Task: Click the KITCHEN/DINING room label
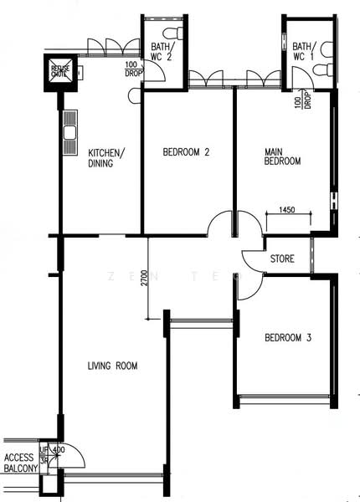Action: coord(106,158)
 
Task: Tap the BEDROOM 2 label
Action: coord(185,152)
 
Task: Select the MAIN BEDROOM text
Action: coord(282,156)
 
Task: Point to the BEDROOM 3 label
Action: coord(288,338)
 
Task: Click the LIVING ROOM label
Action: coord(112,366)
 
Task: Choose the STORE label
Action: coord(282,259)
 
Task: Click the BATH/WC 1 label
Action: coord(301,53)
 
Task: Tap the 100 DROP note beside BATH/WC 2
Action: coord(132,70)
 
